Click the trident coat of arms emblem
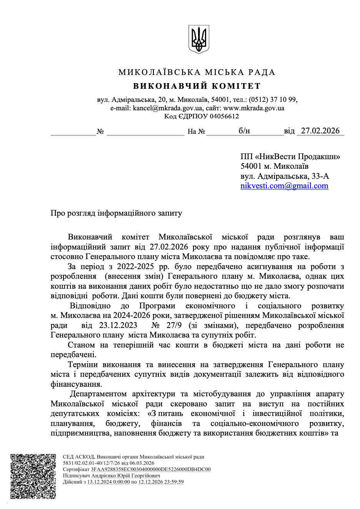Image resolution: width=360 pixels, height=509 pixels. [198, 39]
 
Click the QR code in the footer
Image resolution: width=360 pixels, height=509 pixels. [33, 476]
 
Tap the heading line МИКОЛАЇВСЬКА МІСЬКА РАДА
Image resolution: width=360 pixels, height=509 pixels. [197, 72]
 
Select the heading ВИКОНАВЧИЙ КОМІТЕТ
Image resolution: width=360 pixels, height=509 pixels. [197, 86]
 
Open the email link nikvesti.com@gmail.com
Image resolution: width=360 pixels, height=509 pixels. [284, 186]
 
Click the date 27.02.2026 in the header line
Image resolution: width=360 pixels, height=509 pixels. [320, 131]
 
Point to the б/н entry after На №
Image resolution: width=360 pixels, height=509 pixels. [244, 131]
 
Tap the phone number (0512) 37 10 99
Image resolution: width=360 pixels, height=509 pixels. [273, 100]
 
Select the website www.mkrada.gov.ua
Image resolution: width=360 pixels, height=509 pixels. [254, 108]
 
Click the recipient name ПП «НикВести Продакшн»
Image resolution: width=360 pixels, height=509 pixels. [290, 156]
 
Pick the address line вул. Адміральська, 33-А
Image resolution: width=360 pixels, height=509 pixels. [285, 176]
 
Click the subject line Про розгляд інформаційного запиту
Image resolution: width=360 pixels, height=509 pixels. [116, 213]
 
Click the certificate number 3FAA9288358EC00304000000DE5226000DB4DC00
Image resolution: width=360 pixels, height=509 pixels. [151, 469]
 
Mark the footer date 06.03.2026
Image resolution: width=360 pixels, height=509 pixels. [142, 463]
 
